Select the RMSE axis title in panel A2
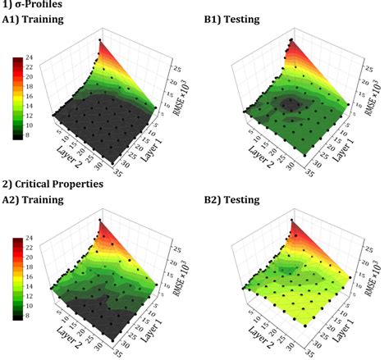point(180,277)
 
